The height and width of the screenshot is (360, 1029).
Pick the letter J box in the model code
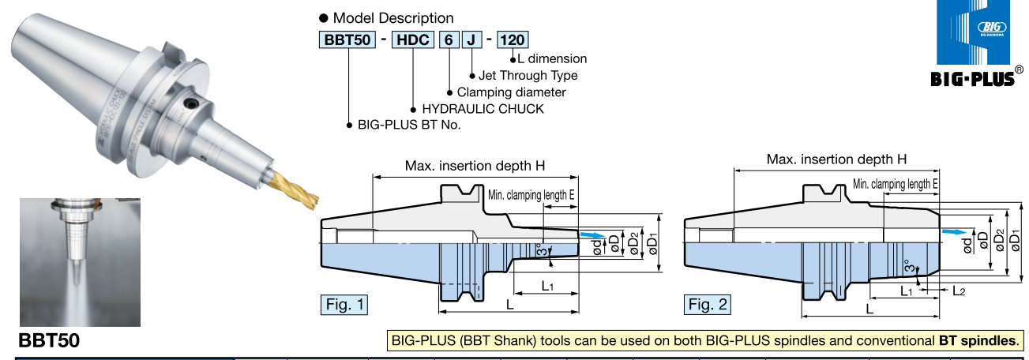point(471,39)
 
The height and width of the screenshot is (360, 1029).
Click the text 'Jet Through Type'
point(528,76)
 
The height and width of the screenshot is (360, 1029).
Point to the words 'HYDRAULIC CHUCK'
point(483,108)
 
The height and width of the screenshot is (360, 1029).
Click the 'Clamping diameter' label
point(511,92)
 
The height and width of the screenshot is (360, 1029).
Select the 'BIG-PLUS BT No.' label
point(409,125)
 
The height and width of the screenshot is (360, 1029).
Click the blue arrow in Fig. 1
point(590,235)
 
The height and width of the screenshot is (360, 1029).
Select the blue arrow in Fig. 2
point(954,232)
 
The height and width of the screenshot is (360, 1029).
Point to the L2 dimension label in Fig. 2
point(958,291)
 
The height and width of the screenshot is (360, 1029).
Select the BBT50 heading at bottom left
point(49,342)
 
